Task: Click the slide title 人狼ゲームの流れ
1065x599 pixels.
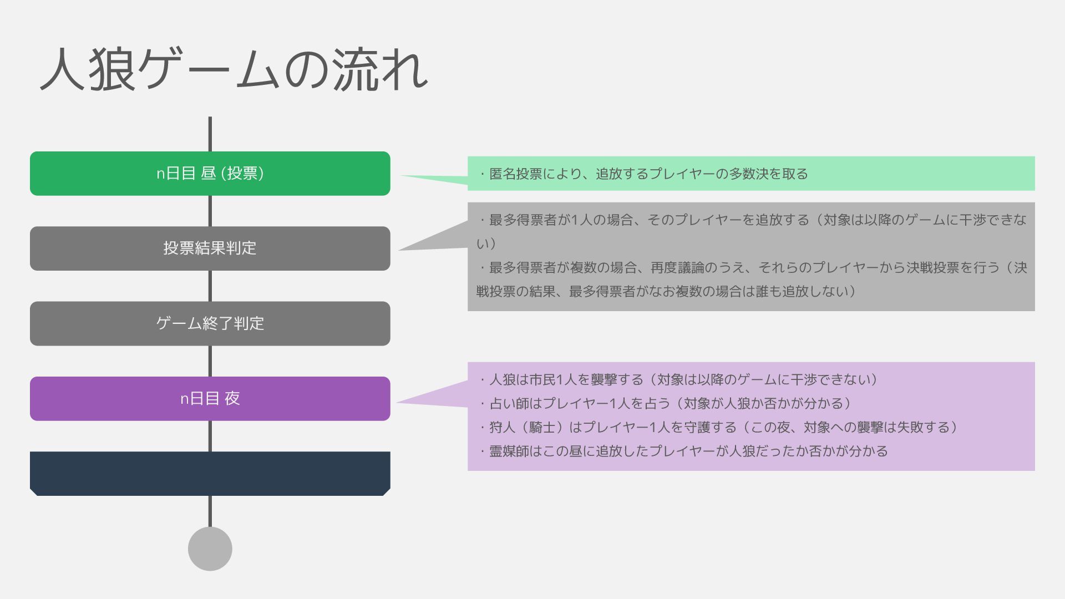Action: [234, 70]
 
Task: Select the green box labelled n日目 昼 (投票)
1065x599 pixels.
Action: [210, 174]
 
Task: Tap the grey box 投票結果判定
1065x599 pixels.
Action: [210, 248]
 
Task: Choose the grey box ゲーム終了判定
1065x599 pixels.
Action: [210, 323]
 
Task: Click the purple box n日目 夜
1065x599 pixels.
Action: [210, 399]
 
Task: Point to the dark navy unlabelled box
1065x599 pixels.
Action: [210, 474]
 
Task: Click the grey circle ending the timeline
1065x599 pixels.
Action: [210, 549]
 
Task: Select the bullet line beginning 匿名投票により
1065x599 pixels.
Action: [643, 174]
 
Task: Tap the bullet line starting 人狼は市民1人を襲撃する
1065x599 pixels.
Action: [679, 380]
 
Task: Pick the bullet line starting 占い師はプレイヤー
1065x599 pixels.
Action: [666, 404]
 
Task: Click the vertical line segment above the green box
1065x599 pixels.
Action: [210, 134]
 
